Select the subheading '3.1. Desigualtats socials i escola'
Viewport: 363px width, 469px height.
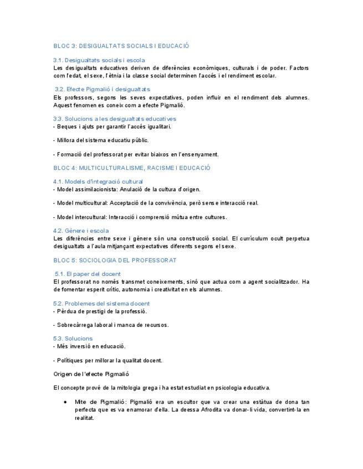99,60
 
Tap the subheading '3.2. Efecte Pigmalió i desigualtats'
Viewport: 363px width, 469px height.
103,89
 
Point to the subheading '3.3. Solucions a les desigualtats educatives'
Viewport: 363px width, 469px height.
115,118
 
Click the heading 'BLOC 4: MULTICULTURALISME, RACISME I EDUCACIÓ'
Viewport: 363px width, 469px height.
132,167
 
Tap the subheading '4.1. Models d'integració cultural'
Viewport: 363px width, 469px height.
98,181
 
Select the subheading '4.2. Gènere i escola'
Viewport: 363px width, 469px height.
81,231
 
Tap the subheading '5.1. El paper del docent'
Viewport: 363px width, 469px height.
88,274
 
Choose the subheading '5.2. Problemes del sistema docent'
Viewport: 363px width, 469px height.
101,304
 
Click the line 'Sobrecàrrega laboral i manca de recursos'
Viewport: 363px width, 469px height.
113,325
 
